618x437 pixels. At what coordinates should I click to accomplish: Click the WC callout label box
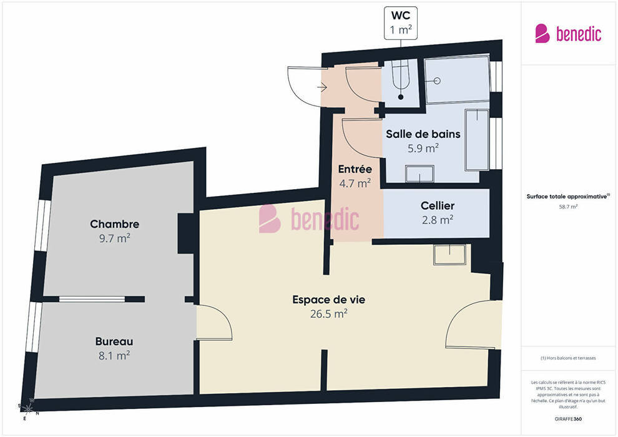[x=400, y=23]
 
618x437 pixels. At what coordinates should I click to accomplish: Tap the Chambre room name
[x=115, y=224]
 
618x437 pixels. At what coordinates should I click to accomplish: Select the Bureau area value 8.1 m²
[x=114, y=356]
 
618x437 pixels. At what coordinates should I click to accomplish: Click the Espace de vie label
[x=329, y=300]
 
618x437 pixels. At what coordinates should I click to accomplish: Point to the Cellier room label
[x=438, y=205]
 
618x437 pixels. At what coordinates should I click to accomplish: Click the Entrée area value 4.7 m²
[x=355, y=184]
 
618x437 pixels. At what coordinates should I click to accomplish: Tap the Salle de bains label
[x=423, y=134]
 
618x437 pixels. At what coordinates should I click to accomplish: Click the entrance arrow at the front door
[x=322, y=87]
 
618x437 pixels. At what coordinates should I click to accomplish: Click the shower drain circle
[x=437, y=81]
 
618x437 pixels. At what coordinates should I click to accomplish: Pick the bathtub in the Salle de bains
[x=477, y=140]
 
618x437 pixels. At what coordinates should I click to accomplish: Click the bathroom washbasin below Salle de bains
[x=419, y=174]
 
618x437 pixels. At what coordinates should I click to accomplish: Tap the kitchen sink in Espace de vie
[x=449, y=255]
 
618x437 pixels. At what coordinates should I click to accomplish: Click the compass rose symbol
[x=27, y=409]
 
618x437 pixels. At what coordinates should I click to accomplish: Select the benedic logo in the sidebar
[x=568, y=34]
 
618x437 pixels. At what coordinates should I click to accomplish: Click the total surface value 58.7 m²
[x=568, y=207]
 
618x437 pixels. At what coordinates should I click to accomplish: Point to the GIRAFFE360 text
[x=568, y=419]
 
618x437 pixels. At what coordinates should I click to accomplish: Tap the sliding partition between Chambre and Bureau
[x=92, y=299]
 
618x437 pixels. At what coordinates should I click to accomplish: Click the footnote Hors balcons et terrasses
[x=568, y=358]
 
